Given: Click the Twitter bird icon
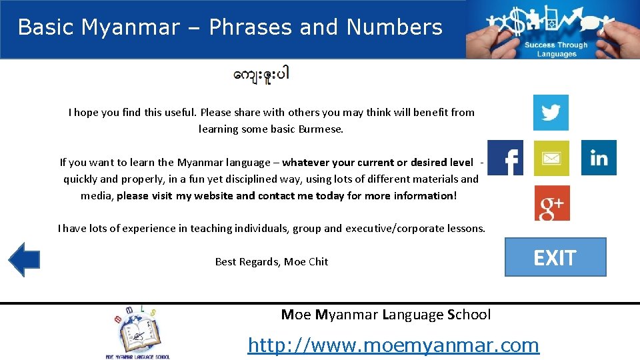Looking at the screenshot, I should point(551,112).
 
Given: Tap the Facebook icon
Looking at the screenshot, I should point(505,157).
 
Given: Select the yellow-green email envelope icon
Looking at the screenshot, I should point(551,158).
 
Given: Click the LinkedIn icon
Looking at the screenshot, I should point(599,157).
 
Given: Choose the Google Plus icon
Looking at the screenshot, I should point(552,203).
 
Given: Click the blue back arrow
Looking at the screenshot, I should point(24,259).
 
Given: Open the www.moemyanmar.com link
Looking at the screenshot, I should point(393,345).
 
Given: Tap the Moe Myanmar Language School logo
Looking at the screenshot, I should point(137,332).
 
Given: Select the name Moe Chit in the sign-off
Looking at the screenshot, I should point(306,262).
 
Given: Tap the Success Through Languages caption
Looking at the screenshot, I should point(556,49).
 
